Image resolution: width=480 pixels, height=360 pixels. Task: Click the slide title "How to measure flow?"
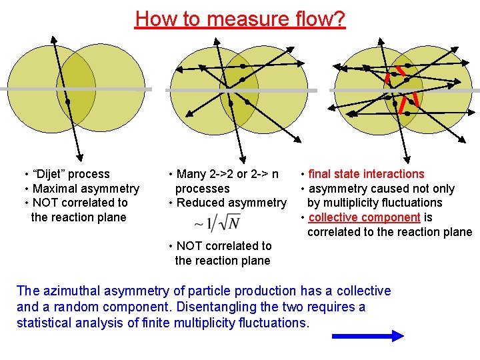click(x=240, y=18)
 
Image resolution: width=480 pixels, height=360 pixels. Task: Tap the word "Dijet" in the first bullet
click(x=55, y=174)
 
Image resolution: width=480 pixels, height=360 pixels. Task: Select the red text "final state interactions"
click(x=366, y=174)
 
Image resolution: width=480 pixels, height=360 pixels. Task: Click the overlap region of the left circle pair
click(x=76, y=90)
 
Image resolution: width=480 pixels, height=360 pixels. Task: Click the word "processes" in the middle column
click(x=202, y=189)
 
